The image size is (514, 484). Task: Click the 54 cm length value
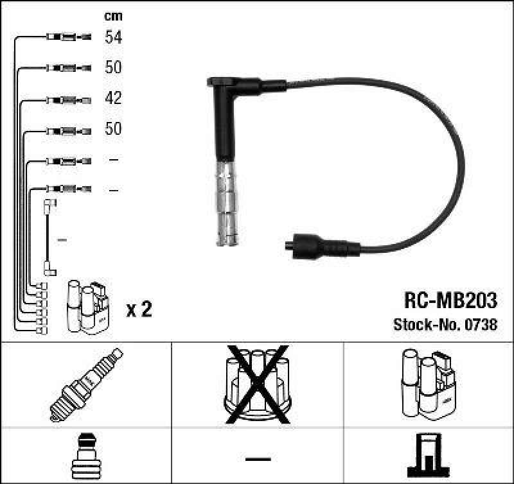tap(114, 37)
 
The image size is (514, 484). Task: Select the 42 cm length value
tap(114, 99)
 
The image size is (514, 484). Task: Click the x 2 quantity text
tap(139, 310)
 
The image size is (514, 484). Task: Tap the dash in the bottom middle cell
tap(258, 458)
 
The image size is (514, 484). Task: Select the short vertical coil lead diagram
tap(49, 238)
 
